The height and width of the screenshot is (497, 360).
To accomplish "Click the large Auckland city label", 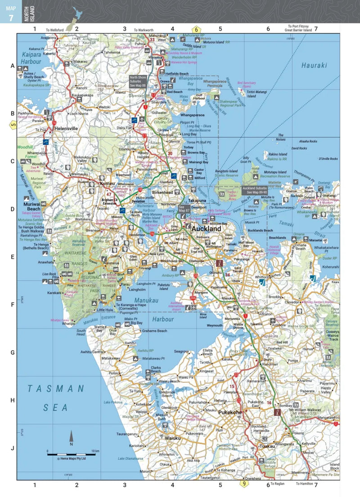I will [x=206, y=229].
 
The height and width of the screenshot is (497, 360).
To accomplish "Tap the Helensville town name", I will [x=66, y=128].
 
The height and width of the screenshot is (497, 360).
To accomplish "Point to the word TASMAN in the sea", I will [x=55, y=388].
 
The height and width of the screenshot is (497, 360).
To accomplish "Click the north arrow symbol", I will [x=71, y=437].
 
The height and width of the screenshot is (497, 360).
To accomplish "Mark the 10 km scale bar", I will [x=71, y=454].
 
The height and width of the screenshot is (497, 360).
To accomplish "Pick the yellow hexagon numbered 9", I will [x=244, y=484].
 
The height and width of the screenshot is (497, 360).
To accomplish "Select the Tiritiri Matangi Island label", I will [x=257, y=94].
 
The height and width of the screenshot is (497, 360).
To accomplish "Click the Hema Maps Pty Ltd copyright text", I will [x=71, y=459].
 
